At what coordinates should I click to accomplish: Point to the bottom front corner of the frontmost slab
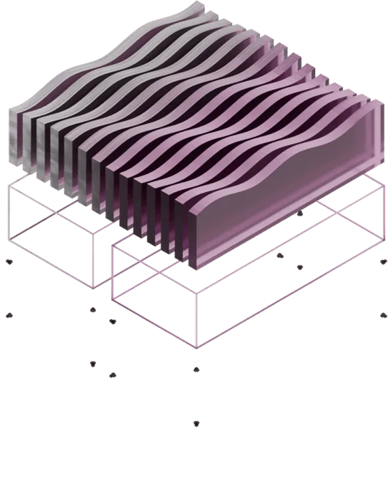click(x=196, y=267)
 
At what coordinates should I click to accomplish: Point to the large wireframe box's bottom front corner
click(x=196, y=347)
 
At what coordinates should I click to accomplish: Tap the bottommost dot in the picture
click(x=196, y=424)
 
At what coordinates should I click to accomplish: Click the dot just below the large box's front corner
click(x=196, y=370)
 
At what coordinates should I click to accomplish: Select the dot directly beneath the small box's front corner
click(x=93, y=310)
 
